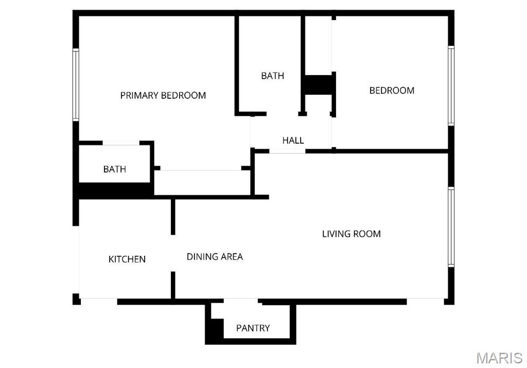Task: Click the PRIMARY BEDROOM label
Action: pos(163,95)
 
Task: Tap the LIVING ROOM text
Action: pos(351,234)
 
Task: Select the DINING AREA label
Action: pos(215,256)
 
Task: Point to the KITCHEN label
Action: pos(127,259)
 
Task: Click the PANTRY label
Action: pos(253,328)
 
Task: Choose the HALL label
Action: pos(293,140)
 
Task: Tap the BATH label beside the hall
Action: pos(272,76)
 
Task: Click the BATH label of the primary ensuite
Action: pos(114,169)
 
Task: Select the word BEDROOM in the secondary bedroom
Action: pos(392,90)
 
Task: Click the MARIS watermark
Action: pos(499,358)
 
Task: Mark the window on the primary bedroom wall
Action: pos(76,85)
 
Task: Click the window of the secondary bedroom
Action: pos(451,85)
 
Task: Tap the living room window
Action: pos(451,227)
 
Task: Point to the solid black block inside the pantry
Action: pos(215,330)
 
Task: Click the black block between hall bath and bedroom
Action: pos(319,84)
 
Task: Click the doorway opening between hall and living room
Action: pos(287,151)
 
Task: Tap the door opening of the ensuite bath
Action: pos(121,143)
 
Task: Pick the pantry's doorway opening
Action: pos(240,301)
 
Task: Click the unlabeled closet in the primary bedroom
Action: pos(202,183)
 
